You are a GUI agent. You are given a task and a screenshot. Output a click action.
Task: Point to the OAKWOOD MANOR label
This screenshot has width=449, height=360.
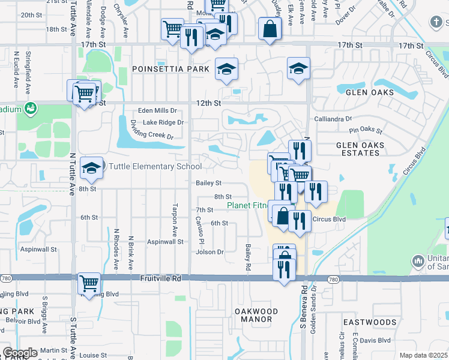coord(256,316)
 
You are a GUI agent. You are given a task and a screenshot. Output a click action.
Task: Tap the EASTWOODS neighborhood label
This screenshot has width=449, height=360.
coord(370,322)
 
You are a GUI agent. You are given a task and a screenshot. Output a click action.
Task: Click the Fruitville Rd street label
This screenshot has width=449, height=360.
coord(161,278)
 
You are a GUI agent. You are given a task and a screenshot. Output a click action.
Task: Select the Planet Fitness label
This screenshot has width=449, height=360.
coord(247,206)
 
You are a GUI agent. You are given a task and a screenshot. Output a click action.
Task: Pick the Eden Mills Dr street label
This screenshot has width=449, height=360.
coord(157,110)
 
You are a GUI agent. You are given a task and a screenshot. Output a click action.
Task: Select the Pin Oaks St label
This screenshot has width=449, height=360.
coord(366,130)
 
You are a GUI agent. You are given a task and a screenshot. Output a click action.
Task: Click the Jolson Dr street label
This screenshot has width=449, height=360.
coord(209,252)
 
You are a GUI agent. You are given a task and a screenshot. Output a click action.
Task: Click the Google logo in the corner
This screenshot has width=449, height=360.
coord(20,352)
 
